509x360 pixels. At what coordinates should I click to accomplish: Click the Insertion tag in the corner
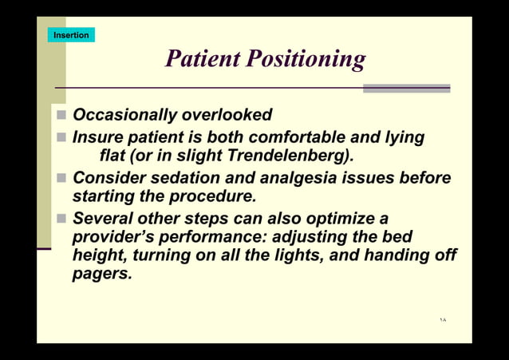coord(71,35)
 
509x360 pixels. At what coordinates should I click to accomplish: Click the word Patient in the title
coord(201,59)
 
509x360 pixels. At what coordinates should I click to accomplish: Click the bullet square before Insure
coord(61,137)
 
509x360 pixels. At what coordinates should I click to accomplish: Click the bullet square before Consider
coord(61,177)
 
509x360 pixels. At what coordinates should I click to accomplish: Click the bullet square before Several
coord(61,218)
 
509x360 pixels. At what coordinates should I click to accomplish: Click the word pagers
coord(101,274)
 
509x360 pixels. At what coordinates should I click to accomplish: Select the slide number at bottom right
coord(443,320)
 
